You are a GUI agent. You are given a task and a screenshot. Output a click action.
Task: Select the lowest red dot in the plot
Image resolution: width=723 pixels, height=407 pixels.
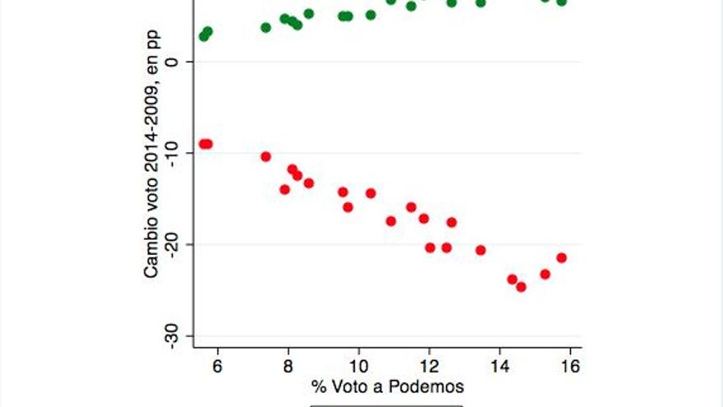[x=521, y=287]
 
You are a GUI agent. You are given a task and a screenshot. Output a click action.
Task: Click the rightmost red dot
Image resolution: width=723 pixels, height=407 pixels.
[x=562, y=257]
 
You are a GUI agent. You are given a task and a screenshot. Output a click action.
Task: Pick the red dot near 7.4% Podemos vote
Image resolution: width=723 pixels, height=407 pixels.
[x=265, y=156]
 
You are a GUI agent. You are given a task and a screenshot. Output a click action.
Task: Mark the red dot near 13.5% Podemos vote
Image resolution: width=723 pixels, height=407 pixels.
[x=481, y=250]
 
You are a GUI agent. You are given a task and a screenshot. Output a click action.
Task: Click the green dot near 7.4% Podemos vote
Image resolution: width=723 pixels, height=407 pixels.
[x=265, y=27]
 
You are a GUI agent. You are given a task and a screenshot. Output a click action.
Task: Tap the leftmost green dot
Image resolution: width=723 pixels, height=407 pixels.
[x=204, y=36]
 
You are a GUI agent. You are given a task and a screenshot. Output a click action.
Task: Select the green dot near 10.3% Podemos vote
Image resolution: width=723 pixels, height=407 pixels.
[x=371, y=15]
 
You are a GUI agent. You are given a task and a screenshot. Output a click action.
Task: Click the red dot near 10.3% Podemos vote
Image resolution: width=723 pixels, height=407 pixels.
[x=371, y=193]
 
